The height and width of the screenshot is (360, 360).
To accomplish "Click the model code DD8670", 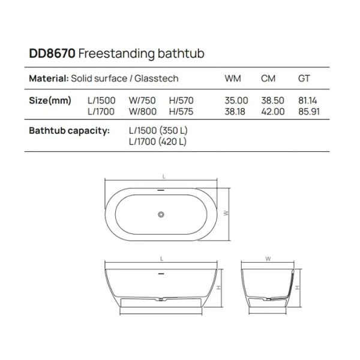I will (52, 54).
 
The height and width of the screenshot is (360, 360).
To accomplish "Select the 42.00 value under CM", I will (272, 111).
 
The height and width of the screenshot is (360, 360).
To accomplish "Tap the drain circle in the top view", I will (161, 213).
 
